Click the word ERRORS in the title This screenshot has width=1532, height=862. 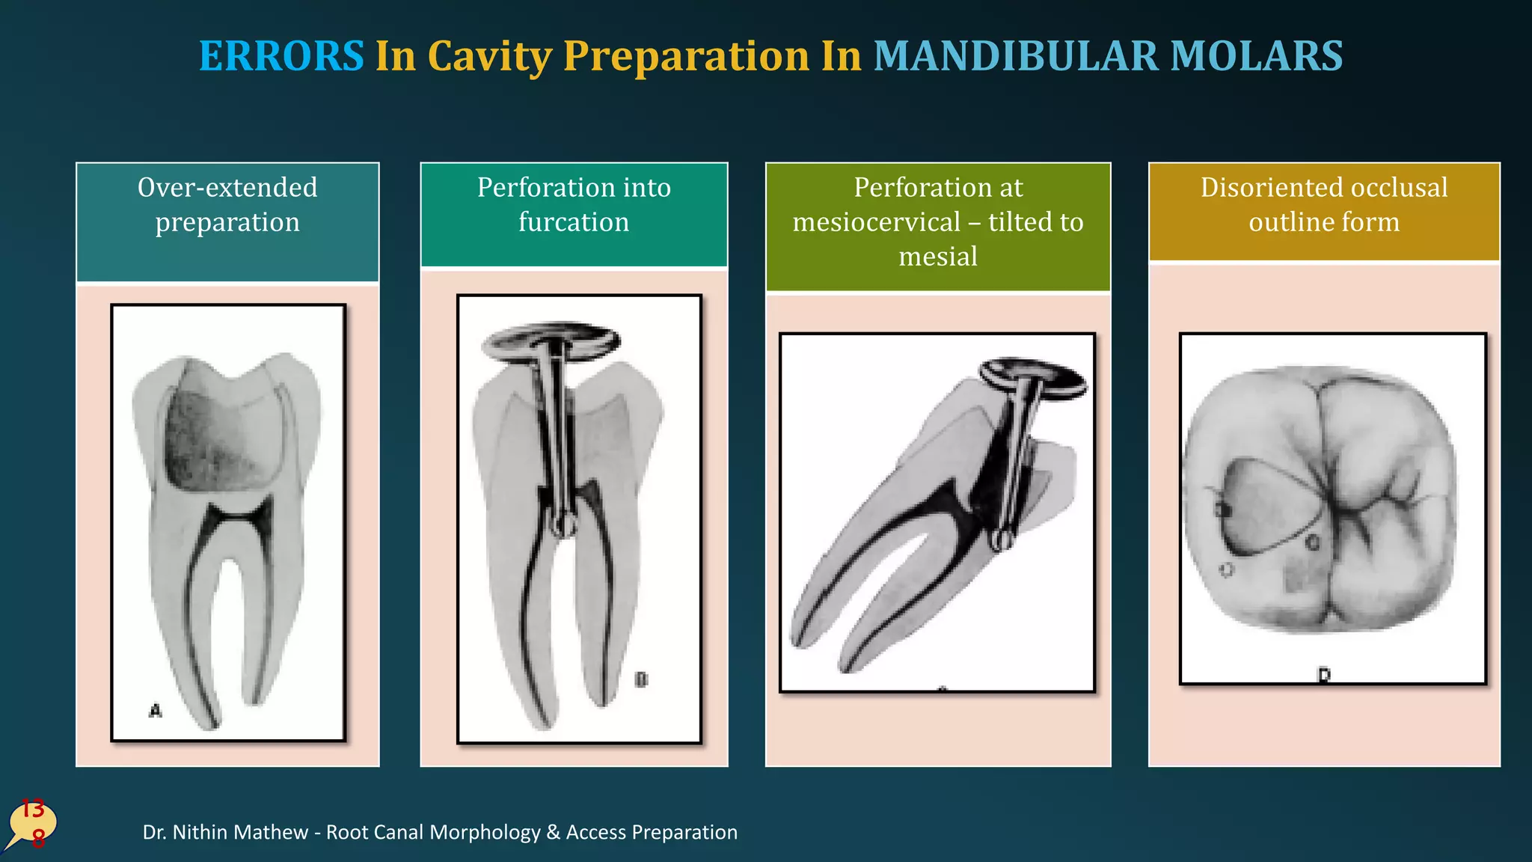coord(281,56)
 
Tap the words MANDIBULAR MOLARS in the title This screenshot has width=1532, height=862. coord(1108,56)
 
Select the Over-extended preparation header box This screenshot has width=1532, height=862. coord(227,221)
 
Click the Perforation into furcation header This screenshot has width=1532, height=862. coord(574,214)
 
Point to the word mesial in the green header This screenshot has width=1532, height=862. coord(937,257)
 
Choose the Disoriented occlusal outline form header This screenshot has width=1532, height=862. coord(1324,212)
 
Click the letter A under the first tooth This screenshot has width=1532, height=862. coord(155,710)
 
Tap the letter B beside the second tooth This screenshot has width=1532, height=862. coord(641,679)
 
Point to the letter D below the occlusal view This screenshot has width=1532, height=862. coord(1324,675)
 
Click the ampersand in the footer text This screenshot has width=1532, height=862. coord(554,832)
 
